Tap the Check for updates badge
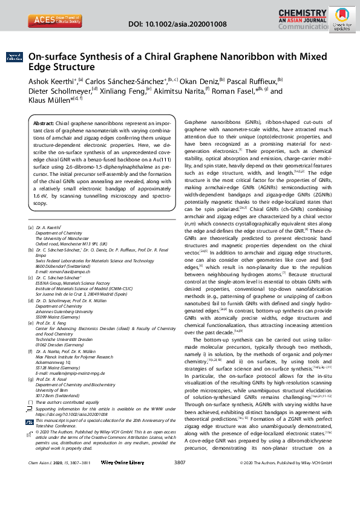[342, 20]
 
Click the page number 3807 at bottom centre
[179, 496]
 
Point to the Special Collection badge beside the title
[14, 57]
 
